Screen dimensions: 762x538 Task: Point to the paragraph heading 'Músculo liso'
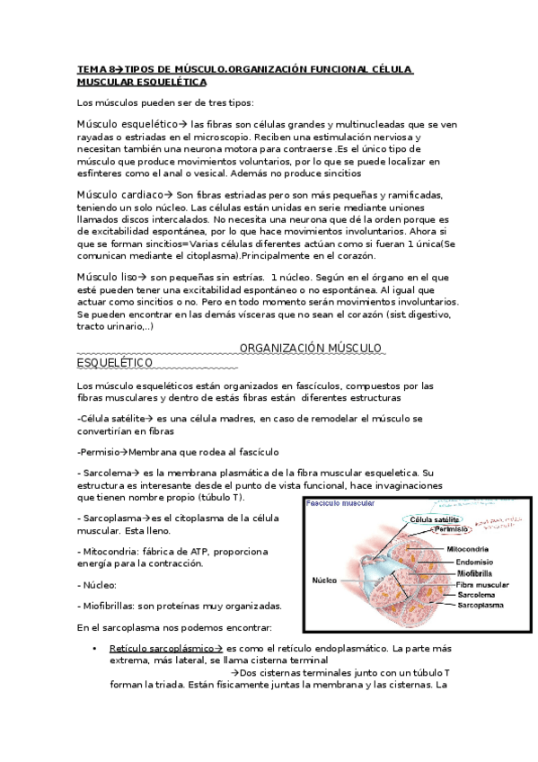coord(110,277)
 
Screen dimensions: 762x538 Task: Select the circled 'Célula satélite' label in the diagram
coord(435,519)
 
